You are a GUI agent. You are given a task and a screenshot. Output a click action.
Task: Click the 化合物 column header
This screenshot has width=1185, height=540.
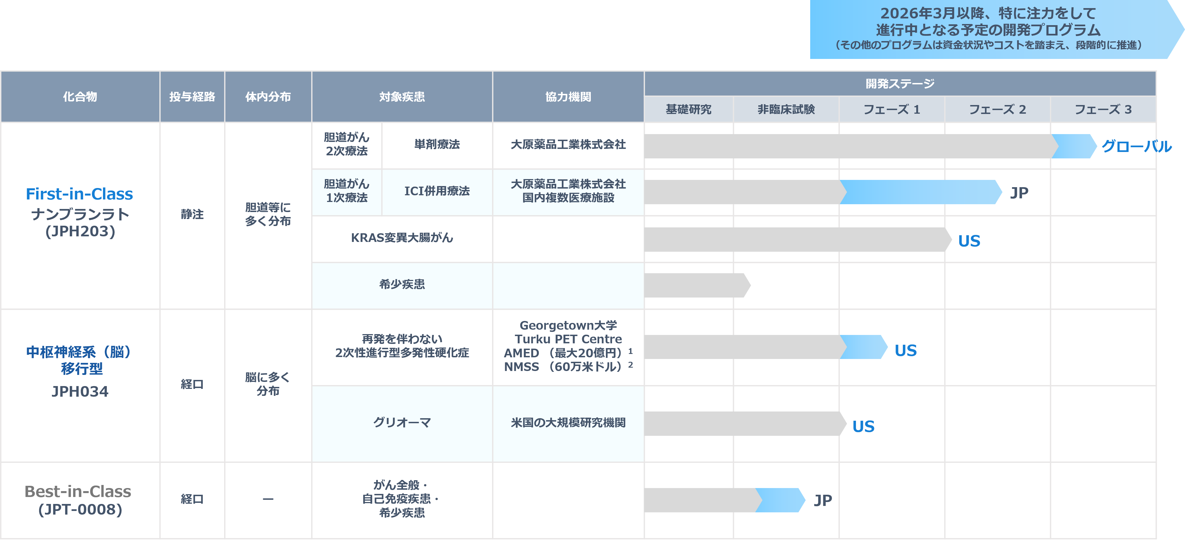coord(80,97)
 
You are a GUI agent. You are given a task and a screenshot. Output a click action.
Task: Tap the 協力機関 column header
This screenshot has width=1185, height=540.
coord(568,97)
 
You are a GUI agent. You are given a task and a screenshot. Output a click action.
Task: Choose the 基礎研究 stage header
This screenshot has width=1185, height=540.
coord(688,110)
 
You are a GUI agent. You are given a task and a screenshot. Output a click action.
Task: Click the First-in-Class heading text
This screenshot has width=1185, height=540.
coord(79,194)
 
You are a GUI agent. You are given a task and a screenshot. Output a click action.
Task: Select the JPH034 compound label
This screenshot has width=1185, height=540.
coord(80,391)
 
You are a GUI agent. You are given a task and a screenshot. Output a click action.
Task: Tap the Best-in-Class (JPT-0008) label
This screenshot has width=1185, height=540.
coord(78,500)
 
